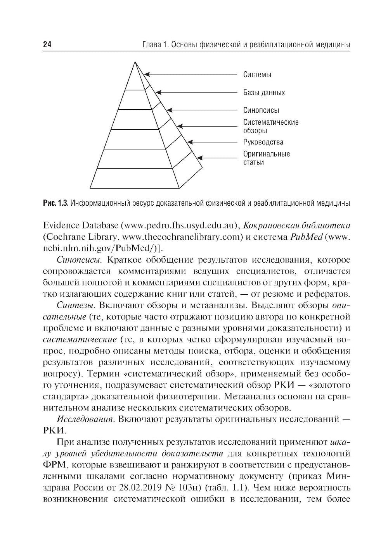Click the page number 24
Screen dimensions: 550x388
pyautogui.click(x=47, y=45)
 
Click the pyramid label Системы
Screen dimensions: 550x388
pyautogui.click(x=257, y=74)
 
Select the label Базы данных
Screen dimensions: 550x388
pyautogui.click(x=264, y=93)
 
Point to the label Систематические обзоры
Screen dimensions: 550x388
pyautogui.click(x=270, y=126)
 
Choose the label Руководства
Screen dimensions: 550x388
pyautogui.click(x=263, y=142)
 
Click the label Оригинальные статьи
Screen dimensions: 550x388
pyautogui.click(x=266, y=158)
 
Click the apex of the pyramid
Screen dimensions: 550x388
pyautogui.click(x=135, y=62)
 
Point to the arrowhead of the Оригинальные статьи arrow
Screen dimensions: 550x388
pyautogui.click(x=199, y=158)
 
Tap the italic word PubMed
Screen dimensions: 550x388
pyautogui.click(x=306, y=237)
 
